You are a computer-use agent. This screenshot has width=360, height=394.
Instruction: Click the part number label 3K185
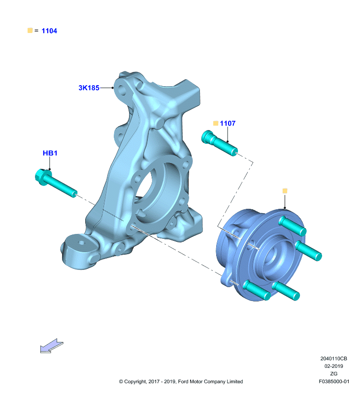[x=89, y=88]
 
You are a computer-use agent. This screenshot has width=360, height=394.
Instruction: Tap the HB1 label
[x=50, y=153]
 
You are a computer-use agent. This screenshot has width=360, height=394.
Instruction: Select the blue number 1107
[x=228, y=124]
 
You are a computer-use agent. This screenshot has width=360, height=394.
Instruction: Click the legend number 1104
[x=49, y=31]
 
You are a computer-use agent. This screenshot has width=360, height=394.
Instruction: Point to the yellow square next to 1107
[x=216, y=123]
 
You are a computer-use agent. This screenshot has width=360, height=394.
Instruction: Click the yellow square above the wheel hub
[x=285, y=191]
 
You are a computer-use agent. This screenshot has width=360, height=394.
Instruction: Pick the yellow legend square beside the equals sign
[x=30, y=31]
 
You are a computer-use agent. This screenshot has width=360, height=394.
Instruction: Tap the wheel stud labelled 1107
[x=219, y=143]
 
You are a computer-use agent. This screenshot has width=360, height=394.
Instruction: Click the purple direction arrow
[x=52, y=346]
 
